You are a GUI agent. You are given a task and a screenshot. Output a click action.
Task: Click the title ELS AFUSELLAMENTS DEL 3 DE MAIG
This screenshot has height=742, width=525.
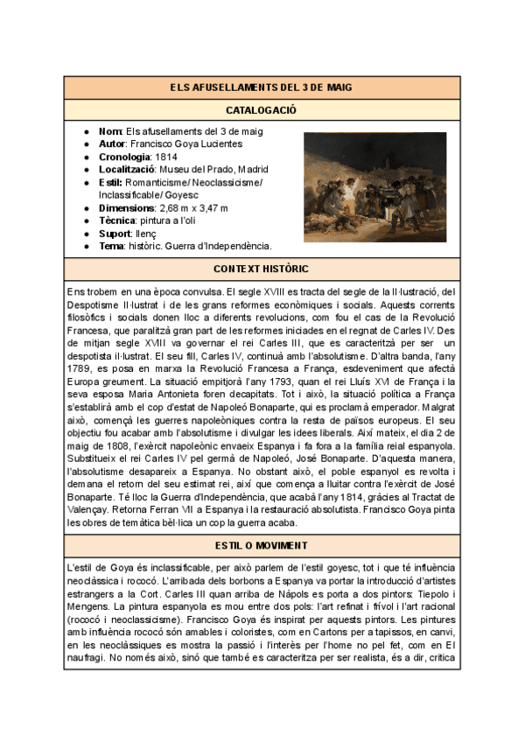point(262,87)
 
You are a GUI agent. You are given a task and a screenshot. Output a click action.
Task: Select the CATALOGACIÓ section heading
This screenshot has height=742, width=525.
point(262,110)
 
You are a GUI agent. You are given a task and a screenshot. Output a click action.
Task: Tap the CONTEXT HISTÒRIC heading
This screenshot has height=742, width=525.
point(262,269)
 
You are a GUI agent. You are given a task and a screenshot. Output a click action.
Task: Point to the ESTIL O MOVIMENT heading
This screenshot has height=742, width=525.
point(262,545)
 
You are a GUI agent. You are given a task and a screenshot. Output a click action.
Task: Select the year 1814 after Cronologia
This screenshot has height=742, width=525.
point(165,157)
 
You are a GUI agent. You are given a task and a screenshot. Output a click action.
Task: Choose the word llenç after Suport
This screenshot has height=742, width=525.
point(147,233)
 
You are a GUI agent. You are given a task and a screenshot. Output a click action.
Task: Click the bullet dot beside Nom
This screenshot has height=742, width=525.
point(87,131)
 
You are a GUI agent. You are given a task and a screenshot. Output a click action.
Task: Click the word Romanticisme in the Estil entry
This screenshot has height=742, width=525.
point(157,182)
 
